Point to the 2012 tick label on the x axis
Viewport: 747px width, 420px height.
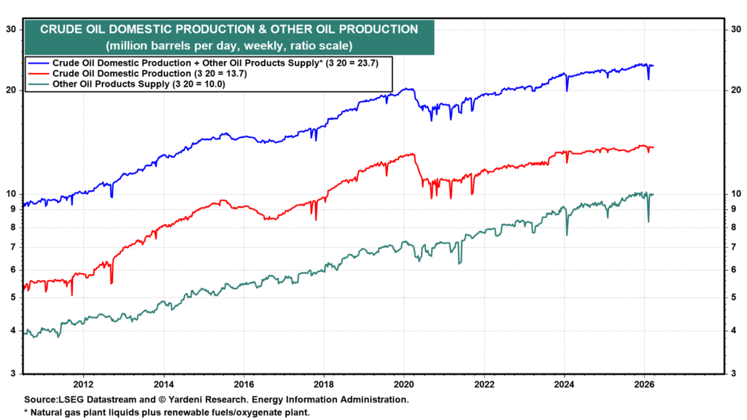click(82, 384)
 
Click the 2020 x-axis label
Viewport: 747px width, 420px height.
click(404, 384)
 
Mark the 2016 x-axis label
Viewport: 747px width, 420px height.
click(244, 384)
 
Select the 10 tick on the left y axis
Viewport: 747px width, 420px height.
click(11, 194)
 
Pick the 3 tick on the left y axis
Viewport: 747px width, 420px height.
click(12, 374)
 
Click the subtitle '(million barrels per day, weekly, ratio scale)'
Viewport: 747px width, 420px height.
click(228, 45)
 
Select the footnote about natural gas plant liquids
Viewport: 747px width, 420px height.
click(167, 412)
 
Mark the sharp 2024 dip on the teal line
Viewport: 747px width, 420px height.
click(567, 234)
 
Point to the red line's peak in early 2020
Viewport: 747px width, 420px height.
click(413, 154)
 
